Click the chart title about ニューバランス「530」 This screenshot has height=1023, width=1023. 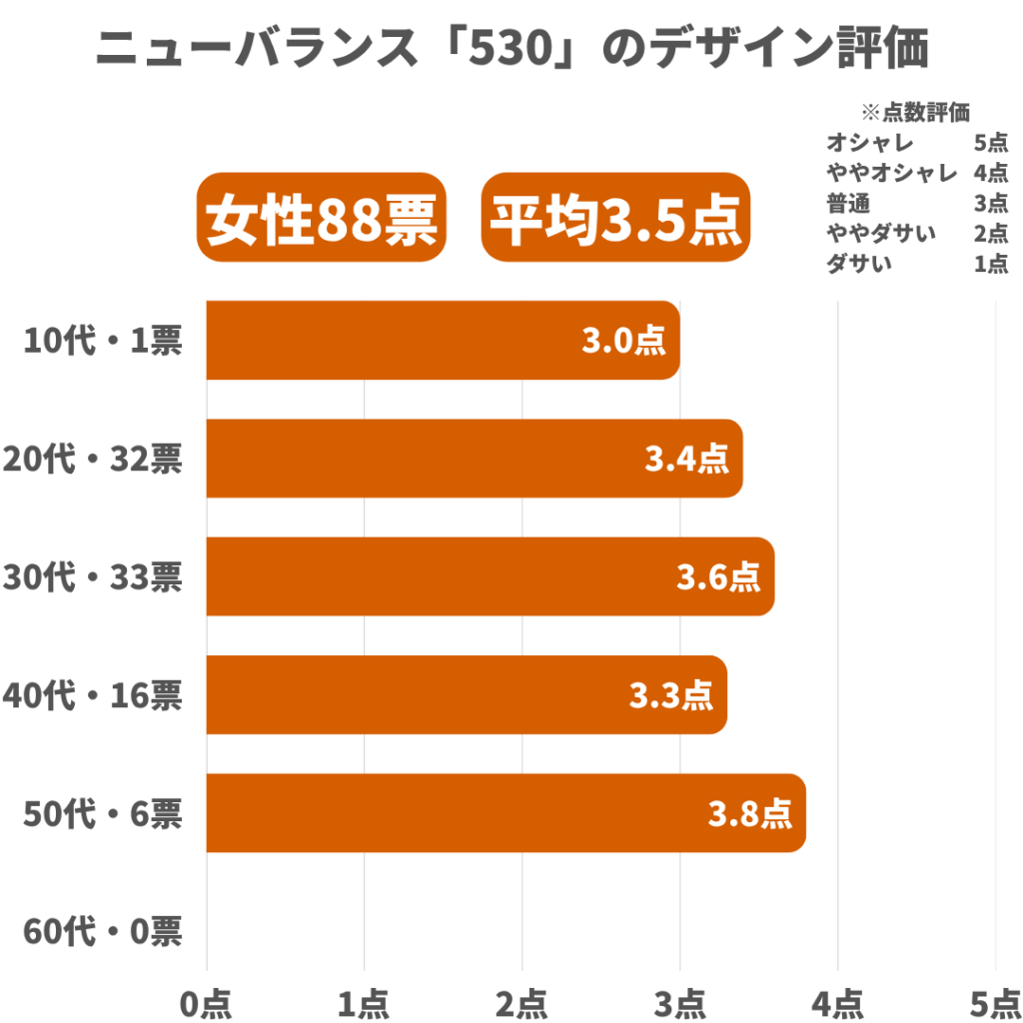pos(511,48)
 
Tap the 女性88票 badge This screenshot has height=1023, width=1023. pos(321,218)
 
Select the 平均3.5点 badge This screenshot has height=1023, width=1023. pos(615,218)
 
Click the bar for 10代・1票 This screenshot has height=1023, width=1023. pos(440,341)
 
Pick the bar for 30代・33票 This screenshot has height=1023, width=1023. pos(490,576)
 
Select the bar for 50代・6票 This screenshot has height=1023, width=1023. pos(505,813)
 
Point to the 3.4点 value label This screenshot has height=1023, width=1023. pos(686,460)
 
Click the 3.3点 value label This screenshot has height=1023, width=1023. pos(670,695)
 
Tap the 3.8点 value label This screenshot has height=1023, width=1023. pos(750,813)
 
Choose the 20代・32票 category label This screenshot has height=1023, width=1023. pos(93,460)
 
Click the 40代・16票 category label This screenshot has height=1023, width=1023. pos(93,695)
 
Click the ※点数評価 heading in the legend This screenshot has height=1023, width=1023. pos(915,111)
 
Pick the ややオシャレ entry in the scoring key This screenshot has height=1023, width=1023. pos(892,172)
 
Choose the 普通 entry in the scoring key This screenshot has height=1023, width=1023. pos(848,203)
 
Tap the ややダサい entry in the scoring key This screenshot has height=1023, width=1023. pos(881,234)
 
